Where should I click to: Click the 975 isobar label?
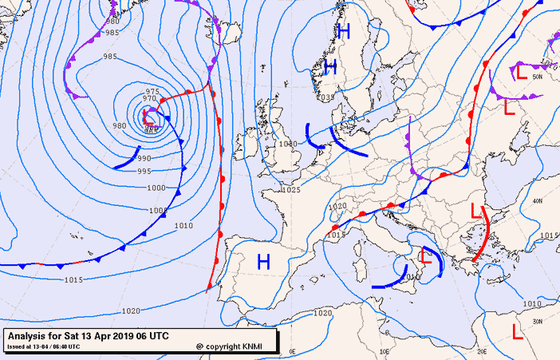click(152, 91)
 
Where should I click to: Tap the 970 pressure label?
click(149, 99)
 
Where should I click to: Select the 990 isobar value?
click(144, 159)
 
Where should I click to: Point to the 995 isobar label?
click(144, 172)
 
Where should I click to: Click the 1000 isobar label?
click(156, 188)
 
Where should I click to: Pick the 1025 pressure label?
click(291, 190)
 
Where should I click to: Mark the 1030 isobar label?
click(288, 144)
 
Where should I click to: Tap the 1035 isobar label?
click(325, 97)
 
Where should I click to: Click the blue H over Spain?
click(264, 260)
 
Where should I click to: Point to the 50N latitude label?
click(537, 77)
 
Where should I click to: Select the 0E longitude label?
click(291, 350)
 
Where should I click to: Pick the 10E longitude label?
click(385, 350)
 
